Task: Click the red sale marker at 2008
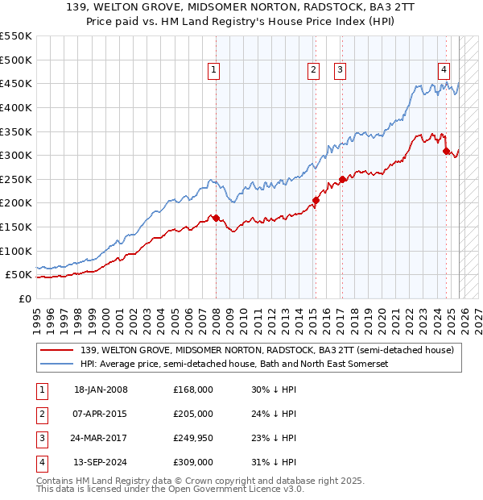216,218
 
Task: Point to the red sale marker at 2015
316,200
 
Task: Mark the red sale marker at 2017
342,179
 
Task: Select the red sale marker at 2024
446,151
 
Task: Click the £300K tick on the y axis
16,155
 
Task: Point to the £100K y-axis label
16,251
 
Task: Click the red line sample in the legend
56,351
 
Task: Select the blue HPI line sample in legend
56,365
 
